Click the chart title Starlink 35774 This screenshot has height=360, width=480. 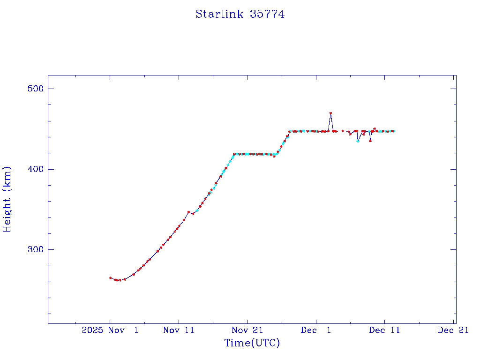pyautogui.click(x=240, y=14)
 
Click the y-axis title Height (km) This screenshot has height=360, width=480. pyautogui.click(x=7, y=199)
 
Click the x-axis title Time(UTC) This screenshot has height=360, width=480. pyautogui.click(x=252, y=343)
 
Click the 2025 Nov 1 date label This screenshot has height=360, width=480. pyautogui.click(x=110, y=330)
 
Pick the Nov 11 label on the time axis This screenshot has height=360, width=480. pyautogui.click(x=179, y=330)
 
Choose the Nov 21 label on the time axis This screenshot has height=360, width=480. pyautogui.click(x=247, y=330)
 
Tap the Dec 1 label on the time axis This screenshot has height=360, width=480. pyautogui.click(x=316, y=330)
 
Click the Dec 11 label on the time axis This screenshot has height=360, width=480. pyautogui.click(x=384, y=330)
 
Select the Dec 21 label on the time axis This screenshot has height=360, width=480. pyautogui.click(x=453, y=330)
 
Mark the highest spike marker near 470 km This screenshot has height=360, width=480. pyautogui.click(x=330, y=113)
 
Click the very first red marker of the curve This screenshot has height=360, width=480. pyautogui.click(x=110, y=278)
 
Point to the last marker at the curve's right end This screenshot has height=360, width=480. pyautogui.click(x=393, y=131)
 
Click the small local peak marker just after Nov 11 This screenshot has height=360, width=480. pyautogui.click(x=188, y=212)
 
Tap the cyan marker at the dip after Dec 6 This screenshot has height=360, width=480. pyautogui.click(x=358, y=141)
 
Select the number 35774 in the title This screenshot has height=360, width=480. pyautogui.click(x=267, y=14)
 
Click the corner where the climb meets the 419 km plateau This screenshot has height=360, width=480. pyautogui.click(x=234, y=154)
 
